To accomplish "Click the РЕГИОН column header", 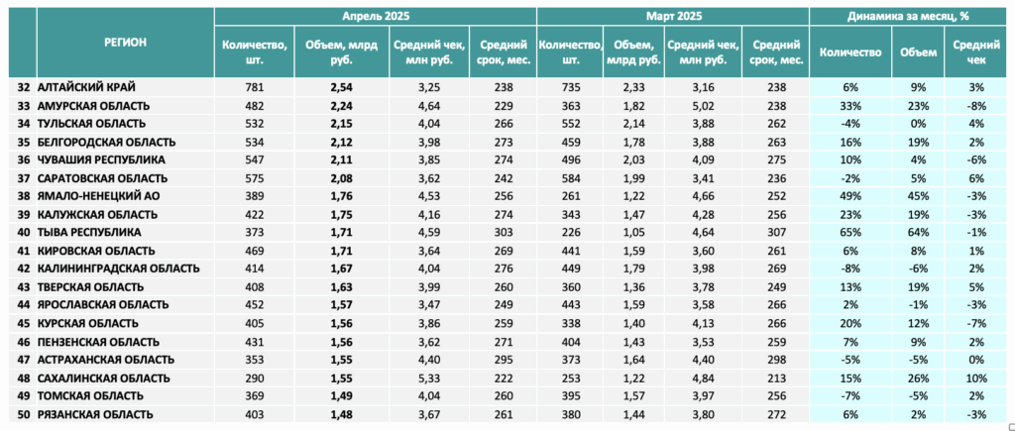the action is coord(126,43).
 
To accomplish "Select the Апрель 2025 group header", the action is coord(376,16).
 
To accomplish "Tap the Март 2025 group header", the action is coord(673,16).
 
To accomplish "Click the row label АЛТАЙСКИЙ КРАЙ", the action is coord(87,87).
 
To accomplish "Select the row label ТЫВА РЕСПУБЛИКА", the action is coord(89,232).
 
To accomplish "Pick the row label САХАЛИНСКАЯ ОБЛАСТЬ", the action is coord(104,378).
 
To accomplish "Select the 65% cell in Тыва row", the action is coord(850,232).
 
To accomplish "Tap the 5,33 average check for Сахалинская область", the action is coord(429,378).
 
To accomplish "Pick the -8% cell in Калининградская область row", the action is coord(850,269).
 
